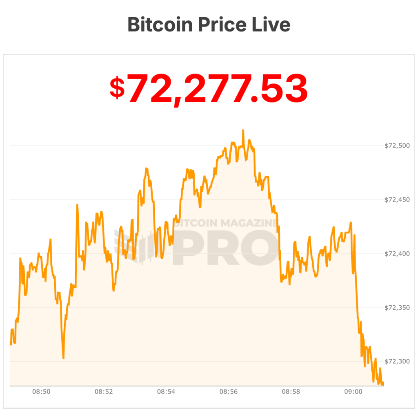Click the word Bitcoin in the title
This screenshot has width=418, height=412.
(160, 25)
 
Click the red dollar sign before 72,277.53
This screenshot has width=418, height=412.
(117, 88)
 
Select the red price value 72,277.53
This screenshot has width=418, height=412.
(217, 89)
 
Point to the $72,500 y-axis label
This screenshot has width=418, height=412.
(397, 146)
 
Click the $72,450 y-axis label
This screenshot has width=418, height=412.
(397, 200)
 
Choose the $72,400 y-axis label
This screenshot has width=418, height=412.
(397, 254)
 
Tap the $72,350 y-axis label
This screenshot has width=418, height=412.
(397, 308)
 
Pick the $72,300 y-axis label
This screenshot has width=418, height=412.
(397, 362)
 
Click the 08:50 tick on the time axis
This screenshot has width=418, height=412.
(41, 392)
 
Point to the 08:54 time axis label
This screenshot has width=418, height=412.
(166, 392)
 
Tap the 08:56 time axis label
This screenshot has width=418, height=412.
(229, 392)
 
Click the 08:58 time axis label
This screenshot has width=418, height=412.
(291, 392)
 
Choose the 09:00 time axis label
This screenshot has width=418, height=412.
(354, 392)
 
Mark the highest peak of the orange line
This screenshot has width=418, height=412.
(243, 130)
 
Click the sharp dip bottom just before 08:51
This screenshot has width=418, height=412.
(63, 358)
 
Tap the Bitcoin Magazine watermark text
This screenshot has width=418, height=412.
(227, 223)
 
